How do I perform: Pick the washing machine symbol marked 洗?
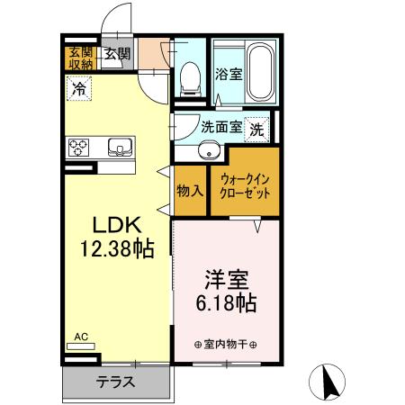[x=257, y=129]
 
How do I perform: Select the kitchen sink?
[x=119, y=146]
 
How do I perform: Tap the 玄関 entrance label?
[x=115, y=55]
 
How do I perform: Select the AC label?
[x=81, y=337]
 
